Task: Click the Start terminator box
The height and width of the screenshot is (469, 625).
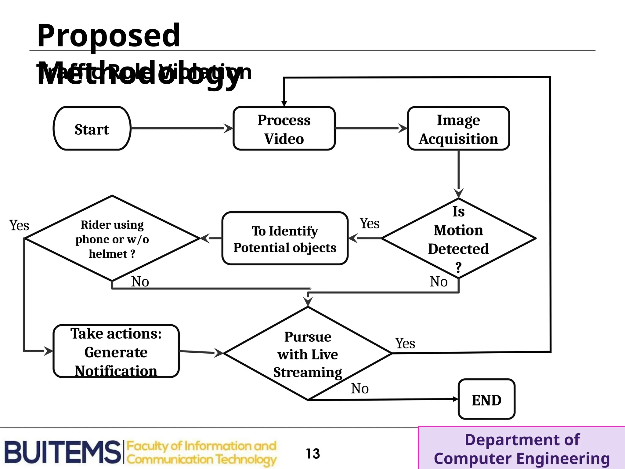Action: (92, 129)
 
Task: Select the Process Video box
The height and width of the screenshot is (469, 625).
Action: (284, 129)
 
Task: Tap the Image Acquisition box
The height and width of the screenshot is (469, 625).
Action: (458, 129)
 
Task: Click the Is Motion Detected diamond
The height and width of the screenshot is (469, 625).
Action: (458, 238)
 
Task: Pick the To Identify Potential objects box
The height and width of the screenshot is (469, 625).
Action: (285, 238)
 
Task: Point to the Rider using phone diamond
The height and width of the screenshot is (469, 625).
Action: (112, 238)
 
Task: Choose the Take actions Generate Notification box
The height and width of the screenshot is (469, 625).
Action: (116, 351)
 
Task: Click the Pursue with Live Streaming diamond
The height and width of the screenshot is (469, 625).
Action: (308, 354)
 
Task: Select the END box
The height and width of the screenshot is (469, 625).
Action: (486, 399)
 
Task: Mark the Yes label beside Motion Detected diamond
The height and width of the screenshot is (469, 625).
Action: (370, 224)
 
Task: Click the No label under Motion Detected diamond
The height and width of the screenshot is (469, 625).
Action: (439, 282)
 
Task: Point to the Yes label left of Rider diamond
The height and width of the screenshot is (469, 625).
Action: (19, 225)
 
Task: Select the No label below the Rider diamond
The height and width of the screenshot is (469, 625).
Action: (140, 282)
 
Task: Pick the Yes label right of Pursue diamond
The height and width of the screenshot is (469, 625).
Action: (405, 344)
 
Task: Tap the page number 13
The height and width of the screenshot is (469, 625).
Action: (313, 453)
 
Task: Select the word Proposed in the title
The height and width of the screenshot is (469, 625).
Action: (108, 35)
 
